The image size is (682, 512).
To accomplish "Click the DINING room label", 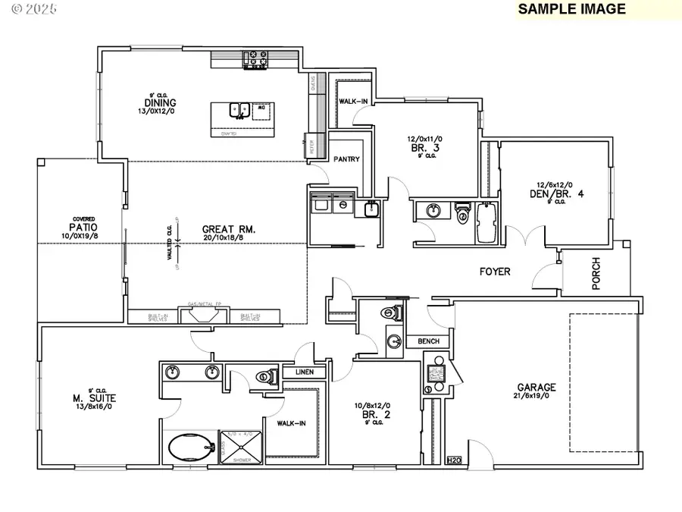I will coord(162,103).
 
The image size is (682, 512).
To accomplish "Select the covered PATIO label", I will coord(84,227).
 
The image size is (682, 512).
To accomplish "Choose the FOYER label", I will coord(495,271).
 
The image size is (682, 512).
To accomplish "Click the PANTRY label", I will coord(347,159).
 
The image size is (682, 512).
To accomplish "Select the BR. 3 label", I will coord(418,149).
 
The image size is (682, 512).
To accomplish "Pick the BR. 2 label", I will coord(372,415).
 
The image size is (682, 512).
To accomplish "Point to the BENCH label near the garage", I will coord(428,342).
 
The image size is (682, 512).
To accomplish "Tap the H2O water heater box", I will coord(454,460).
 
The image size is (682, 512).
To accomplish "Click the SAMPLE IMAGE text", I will coord(571,9).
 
